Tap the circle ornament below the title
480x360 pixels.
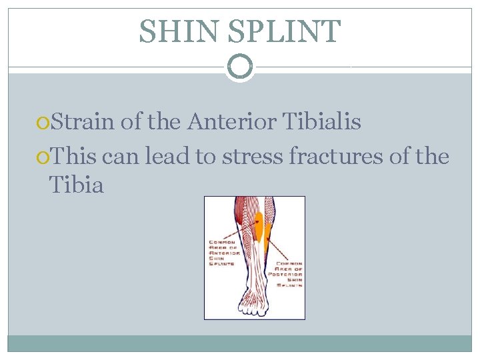[240, 67]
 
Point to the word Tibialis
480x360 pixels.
[323, 122]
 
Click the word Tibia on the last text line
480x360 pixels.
[77, 185]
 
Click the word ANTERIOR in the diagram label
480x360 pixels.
[224, 252]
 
